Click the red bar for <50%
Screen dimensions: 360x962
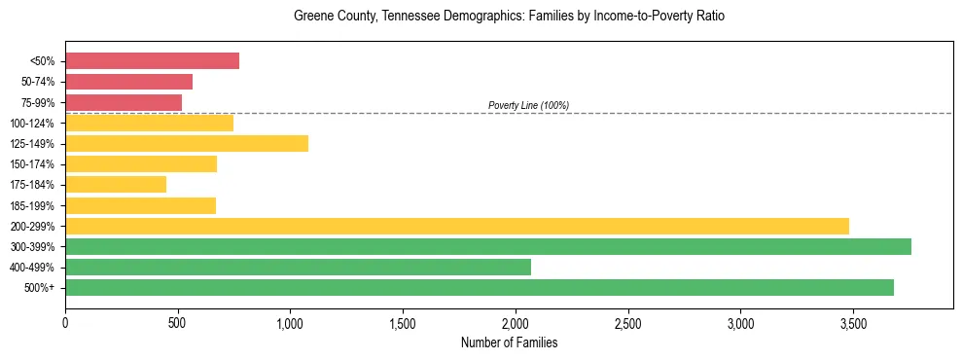pos(152,61)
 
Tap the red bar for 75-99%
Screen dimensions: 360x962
pos(124,102)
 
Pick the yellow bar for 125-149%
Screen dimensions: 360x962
pos(187,143)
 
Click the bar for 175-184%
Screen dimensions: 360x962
pos(116,184)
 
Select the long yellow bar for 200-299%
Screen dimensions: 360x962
pos(457,226)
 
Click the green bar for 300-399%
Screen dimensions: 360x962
pos(488,246)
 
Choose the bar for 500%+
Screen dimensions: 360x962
pos(480,287)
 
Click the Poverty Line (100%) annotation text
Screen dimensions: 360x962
pos(528,105)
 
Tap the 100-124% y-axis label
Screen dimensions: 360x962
pos(32,124)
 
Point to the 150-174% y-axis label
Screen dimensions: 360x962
pos(32,164)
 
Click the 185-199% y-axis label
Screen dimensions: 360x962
pos(32,205)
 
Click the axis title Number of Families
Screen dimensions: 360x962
pos(509,342)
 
